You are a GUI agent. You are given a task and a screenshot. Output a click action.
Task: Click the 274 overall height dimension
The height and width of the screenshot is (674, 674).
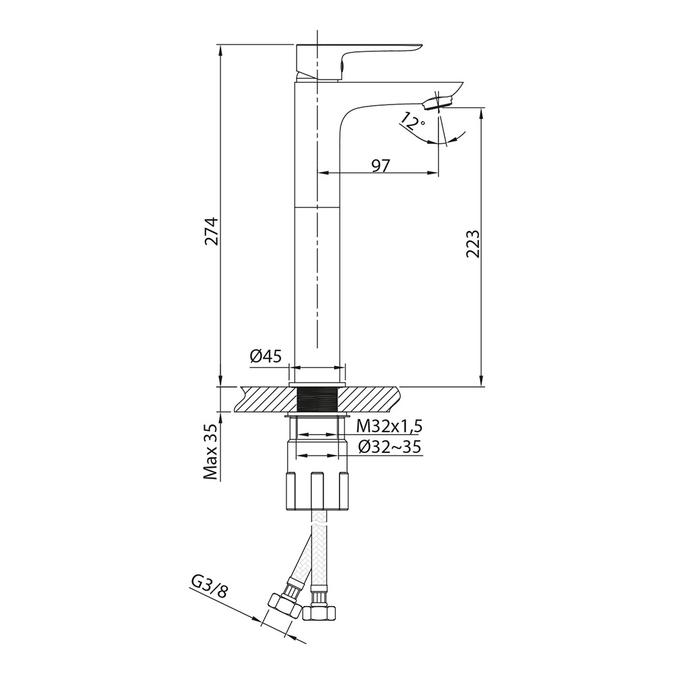(212, 231)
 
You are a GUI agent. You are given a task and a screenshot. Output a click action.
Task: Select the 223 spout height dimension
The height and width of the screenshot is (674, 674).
(473, 243)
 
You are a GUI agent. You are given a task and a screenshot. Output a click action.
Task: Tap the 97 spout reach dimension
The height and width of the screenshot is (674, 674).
(380, 165)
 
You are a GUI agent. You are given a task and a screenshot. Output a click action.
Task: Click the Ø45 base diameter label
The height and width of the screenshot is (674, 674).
(265, 357)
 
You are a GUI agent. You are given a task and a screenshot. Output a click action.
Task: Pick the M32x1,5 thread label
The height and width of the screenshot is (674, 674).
(389, 427)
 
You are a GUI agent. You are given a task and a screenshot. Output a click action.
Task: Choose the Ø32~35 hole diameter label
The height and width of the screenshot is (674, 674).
(389, 448)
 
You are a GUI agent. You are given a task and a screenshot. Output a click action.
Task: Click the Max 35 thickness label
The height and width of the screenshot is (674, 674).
(211, 450)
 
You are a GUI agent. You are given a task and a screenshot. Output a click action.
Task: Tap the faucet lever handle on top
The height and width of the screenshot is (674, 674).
(359, 61)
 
